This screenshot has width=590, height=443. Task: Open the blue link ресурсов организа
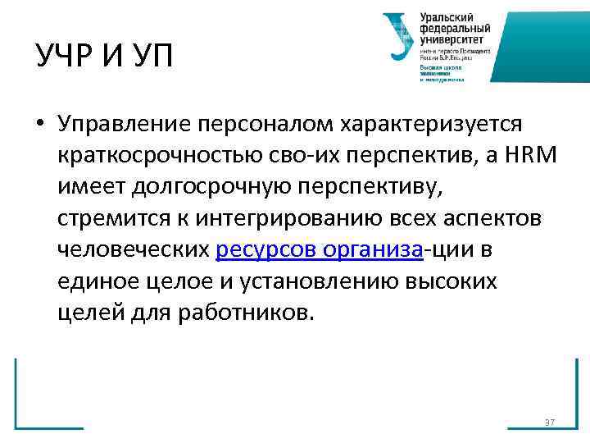point(319,250)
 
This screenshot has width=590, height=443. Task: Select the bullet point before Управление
point(39,123)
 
